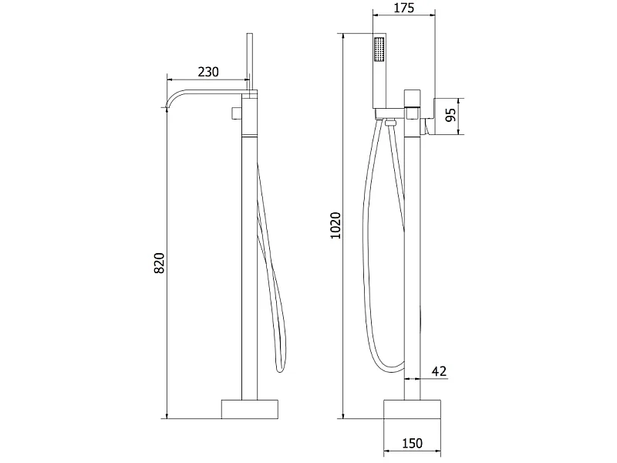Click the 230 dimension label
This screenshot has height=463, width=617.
[207, 72]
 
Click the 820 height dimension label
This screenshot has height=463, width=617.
[159, 263]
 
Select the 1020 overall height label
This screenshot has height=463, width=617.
[335, 225]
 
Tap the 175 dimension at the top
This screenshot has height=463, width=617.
[403, 8]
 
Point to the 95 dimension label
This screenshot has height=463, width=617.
[451, 115]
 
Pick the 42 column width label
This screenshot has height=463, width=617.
[439, 371]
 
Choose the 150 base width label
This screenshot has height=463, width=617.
[412, 443]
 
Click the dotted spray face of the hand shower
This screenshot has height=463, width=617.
[379, 49]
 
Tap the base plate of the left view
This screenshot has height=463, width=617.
[249, 409]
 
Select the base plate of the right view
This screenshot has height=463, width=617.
[412, 410]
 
